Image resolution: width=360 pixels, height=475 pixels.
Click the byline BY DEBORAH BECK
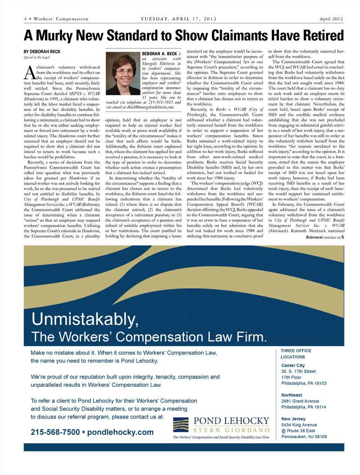point(42,52)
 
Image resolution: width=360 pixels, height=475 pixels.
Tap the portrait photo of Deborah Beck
point(123,73)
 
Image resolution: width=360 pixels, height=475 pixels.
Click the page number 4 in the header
point(25,19)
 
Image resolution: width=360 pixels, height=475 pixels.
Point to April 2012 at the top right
point(331,19)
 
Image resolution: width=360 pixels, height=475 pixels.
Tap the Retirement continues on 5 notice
point(325,237)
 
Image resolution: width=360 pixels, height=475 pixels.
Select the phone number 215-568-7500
point(55,432)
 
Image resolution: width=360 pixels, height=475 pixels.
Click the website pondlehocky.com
point(120,432)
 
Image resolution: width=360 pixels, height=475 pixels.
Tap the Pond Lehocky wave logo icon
point(181,425)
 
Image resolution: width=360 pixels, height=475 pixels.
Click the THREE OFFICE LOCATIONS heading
point(296,354)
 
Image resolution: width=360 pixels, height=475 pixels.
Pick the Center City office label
point(293,365)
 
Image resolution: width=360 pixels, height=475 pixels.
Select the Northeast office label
point(291,395)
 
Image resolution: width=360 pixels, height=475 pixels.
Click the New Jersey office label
point(293,419)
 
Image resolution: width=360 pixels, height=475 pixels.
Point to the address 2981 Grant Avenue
point(300,401)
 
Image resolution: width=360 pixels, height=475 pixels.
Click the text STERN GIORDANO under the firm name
point(231,430)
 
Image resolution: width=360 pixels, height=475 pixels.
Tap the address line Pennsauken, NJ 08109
point(304,437)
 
